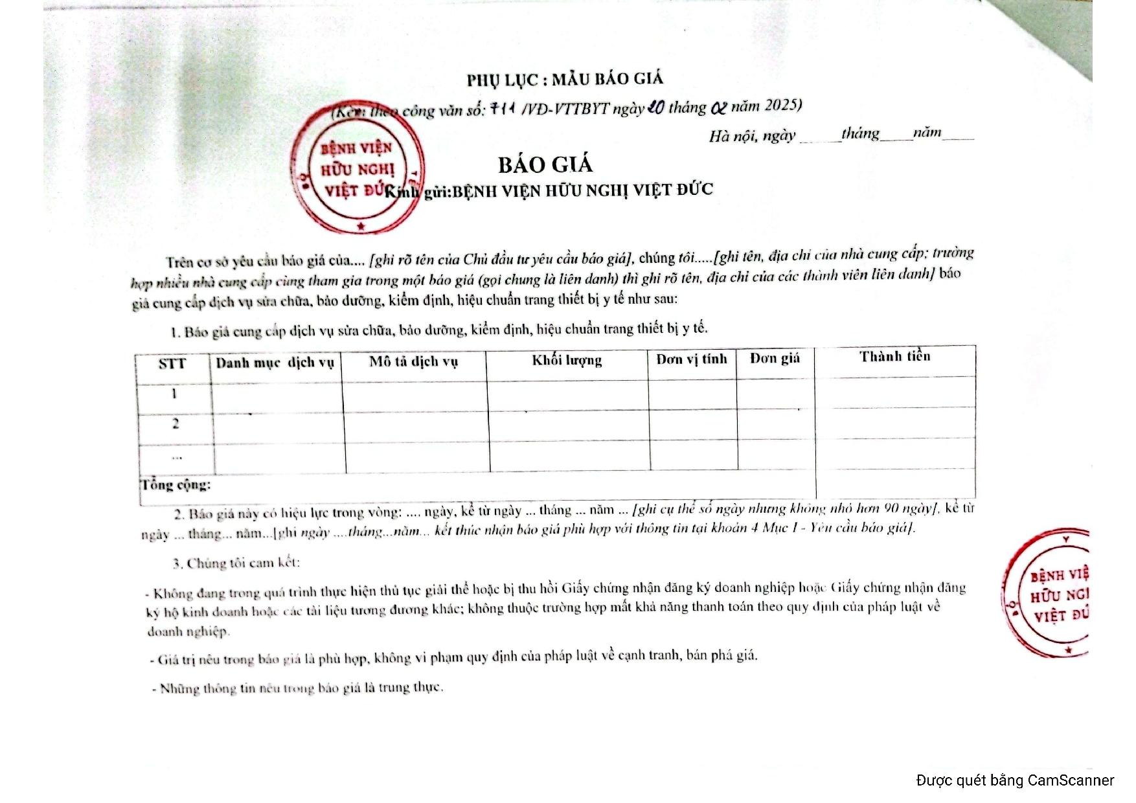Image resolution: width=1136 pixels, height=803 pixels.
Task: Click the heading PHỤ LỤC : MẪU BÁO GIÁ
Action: pyautogui.click(x=565, y=79)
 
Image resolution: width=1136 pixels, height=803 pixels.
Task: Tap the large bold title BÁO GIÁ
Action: pyautogui.click(x=545, y=164)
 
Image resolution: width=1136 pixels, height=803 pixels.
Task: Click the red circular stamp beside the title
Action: pyautogui.click(x=358, y=170)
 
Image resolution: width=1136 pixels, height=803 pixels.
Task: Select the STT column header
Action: pyautogui.click(x=172, y=363)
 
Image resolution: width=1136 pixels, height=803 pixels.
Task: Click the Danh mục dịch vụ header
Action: pyautogui.click(x=275, y=363)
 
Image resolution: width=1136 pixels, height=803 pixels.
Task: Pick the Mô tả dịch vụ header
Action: pyautogui.click(x=413, y=361)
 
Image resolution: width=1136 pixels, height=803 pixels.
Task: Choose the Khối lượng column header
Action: pyautogui.click(x=567, y=360)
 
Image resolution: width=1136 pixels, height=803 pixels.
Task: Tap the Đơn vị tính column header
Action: pyautogui.click(x=691, y=359)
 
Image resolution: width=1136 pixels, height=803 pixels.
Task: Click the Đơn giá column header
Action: pyautogui.click(x=775, y=358)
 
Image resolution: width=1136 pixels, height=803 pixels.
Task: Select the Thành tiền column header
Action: pyautogui.click(x=894, y=356)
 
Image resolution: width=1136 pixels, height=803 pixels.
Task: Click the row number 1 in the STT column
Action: pyautogui.click(x=174, y=393)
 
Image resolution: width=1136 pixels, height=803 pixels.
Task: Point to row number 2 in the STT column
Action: pyautogui.click(x=176, y=424)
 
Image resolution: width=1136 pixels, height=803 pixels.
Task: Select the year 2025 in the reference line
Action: pyautogui.click(x=782, y=105)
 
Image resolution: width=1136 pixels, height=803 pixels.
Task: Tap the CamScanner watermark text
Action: pyautogui.click(x=1015, y=780)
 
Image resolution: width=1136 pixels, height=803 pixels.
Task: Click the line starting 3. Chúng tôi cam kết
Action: pyautogui.click(x=236, y=563)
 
